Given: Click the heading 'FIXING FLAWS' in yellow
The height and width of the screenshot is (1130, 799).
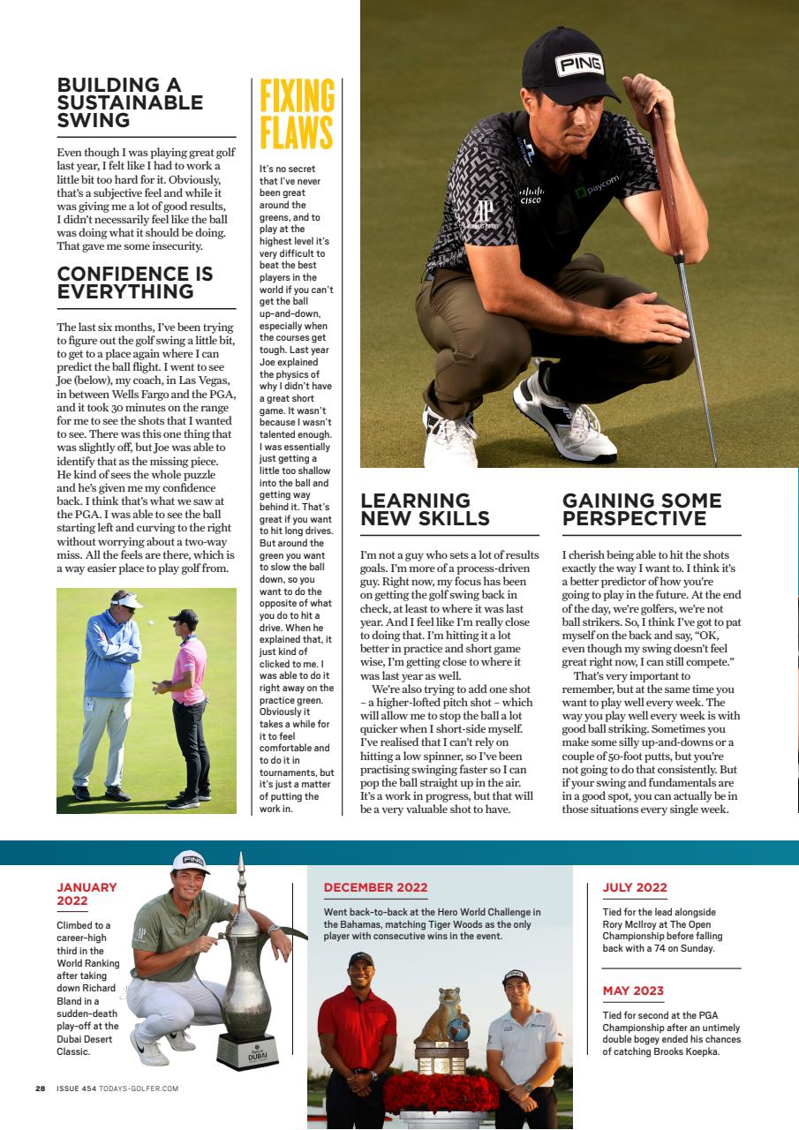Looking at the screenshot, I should point(297,115).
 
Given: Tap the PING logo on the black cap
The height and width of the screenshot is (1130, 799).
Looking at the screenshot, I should point(579,64).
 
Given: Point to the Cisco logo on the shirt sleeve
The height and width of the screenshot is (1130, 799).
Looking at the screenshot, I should point(530,195).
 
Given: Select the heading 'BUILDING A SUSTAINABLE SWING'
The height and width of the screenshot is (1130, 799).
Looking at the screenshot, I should point(130,102).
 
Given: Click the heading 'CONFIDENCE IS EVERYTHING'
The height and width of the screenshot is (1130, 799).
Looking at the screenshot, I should point(135,282).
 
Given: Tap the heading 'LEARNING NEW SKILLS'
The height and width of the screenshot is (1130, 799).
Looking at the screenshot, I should point(425,509).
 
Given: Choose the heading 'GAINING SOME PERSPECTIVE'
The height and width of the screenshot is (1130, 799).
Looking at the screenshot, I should point(642,509).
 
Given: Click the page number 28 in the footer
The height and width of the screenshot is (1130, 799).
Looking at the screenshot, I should point(40,1089).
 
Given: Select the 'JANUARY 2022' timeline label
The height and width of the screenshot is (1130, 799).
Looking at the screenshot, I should point(87,893).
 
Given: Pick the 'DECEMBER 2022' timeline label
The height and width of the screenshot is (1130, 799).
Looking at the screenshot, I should point(375,887).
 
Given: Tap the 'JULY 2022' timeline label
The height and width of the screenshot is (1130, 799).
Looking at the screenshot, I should point(635,887).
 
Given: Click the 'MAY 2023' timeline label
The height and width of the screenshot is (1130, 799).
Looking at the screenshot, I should point(633,991).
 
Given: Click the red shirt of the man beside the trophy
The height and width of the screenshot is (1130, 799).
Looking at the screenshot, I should point(357,1028).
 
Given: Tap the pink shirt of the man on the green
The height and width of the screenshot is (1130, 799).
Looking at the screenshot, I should point(189,659).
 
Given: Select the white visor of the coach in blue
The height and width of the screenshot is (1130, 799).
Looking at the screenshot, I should point(127,601).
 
